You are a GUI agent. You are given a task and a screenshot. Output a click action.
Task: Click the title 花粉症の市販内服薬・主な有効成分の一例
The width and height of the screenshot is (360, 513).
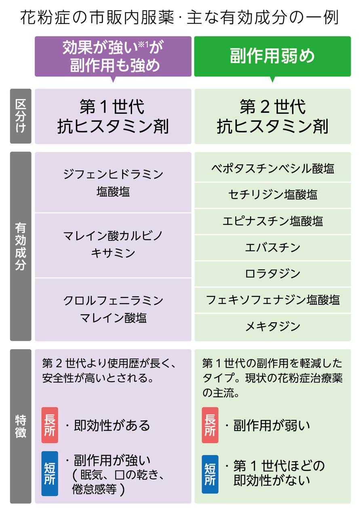pyautogui.click(x=180, y=18)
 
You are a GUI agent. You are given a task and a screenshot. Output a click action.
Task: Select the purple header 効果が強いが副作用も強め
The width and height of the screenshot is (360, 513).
pyautogui.click(x=113, y=56)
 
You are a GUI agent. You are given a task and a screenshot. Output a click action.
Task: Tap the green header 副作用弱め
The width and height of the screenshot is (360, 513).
pyautogui.click(x=272, y=56)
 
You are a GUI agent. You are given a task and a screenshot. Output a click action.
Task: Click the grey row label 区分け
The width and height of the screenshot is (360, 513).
pyautogui.click(x=21, y=116)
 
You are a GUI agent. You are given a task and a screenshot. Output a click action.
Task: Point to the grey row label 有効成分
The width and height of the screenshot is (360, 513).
pyautogui.click(x=21, y=246)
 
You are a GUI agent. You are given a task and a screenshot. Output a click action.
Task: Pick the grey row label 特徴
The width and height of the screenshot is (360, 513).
pyautogui.click(x=21, y=426)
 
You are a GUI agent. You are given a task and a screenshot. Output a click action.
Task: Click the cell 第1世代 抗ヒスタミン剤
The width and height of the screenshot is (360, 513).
pyautogui.click(x=113, y=116)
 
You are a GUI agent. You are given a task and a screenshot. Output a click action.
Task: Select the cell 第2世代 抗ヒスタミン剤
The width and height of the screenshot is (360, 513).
pyautogui.click(x=272, y=116)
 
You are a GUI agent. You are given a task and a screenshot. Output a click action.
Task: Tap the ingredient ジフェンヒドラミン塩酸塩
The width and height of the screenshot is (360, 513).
pyautogui.click(x=113, y=183)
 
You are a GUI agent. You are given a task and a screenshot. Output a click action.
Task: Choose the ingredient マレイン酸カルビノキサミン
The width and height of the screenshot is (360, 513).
pyautogui.click(x=113, y=245)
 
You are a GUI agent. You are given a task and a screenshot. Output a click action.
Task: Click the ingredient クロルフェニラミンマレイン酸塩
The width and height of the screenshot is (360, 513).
pyautogui.click(x=113, y=309)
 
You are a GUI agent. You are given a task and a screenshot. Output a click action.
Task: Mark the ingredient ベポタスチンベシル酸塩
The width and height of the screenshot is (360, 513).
pyautogui.click(x=272, y=168)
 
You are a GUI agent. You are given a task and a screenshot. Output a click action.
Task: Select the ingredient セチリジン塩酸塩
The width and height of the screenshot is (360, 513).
pyautogui.click(x=272, y=195)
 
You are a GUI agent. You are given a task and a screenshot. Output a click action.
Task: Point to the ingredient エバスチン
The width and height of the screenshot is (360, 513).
pyautogui.click(x=272, y=247)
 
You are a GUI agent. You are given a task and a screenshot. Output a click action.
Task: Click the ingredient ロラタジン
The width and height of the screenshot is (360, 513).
pyautogui.click(x=272, y=274)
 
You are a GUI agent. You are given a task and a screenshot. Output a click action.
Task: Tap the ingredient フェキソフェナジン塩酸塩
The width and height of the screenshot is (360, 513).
pyautogui.click(x=272, y=300)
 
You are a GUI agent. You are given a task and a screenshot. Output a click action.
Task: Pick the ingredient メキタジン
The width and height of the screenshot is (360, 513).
pyautogui.click(x=272, y=326)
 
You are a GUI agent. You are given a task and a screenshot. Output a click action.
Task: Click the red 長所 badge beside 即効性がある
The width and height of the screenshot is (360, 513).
pyautogui.click(x=50, y=425)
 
